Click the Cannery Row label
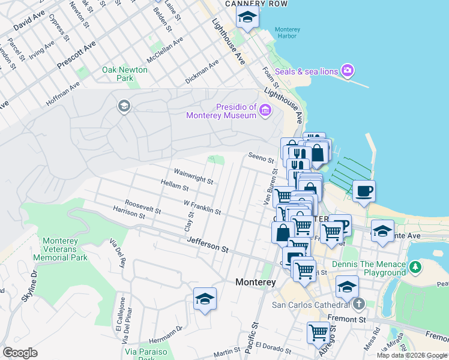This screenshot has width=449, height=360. click(x=256, y=4)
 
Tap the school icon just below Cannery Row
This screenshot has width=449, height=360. click(x=247, y=18)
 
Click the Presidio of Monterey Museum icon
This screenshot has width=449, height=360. click(x=265, y=110)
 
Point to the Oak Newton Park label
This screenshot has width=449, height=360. click(x=125, y=74)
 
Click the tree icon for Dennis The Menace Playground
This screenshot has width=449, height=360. click(x=415, y=266)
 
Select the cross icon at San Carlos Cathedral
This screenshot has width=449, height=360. click(x=359, y=304)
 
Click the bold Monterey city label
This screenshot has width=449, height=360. click(x=255, y=281)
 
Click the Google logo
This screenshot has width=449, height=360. click(x=20, y=353)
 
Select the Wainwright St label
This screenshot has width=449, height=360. click(x=193, y=175)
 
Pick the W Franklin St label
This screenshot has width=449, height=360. click(x=202, y=208)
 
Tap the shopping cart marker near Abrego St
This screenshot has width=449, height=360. click(x=318, y=332)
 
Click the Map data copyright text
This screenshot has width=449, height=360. click(x=412, y=355)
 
